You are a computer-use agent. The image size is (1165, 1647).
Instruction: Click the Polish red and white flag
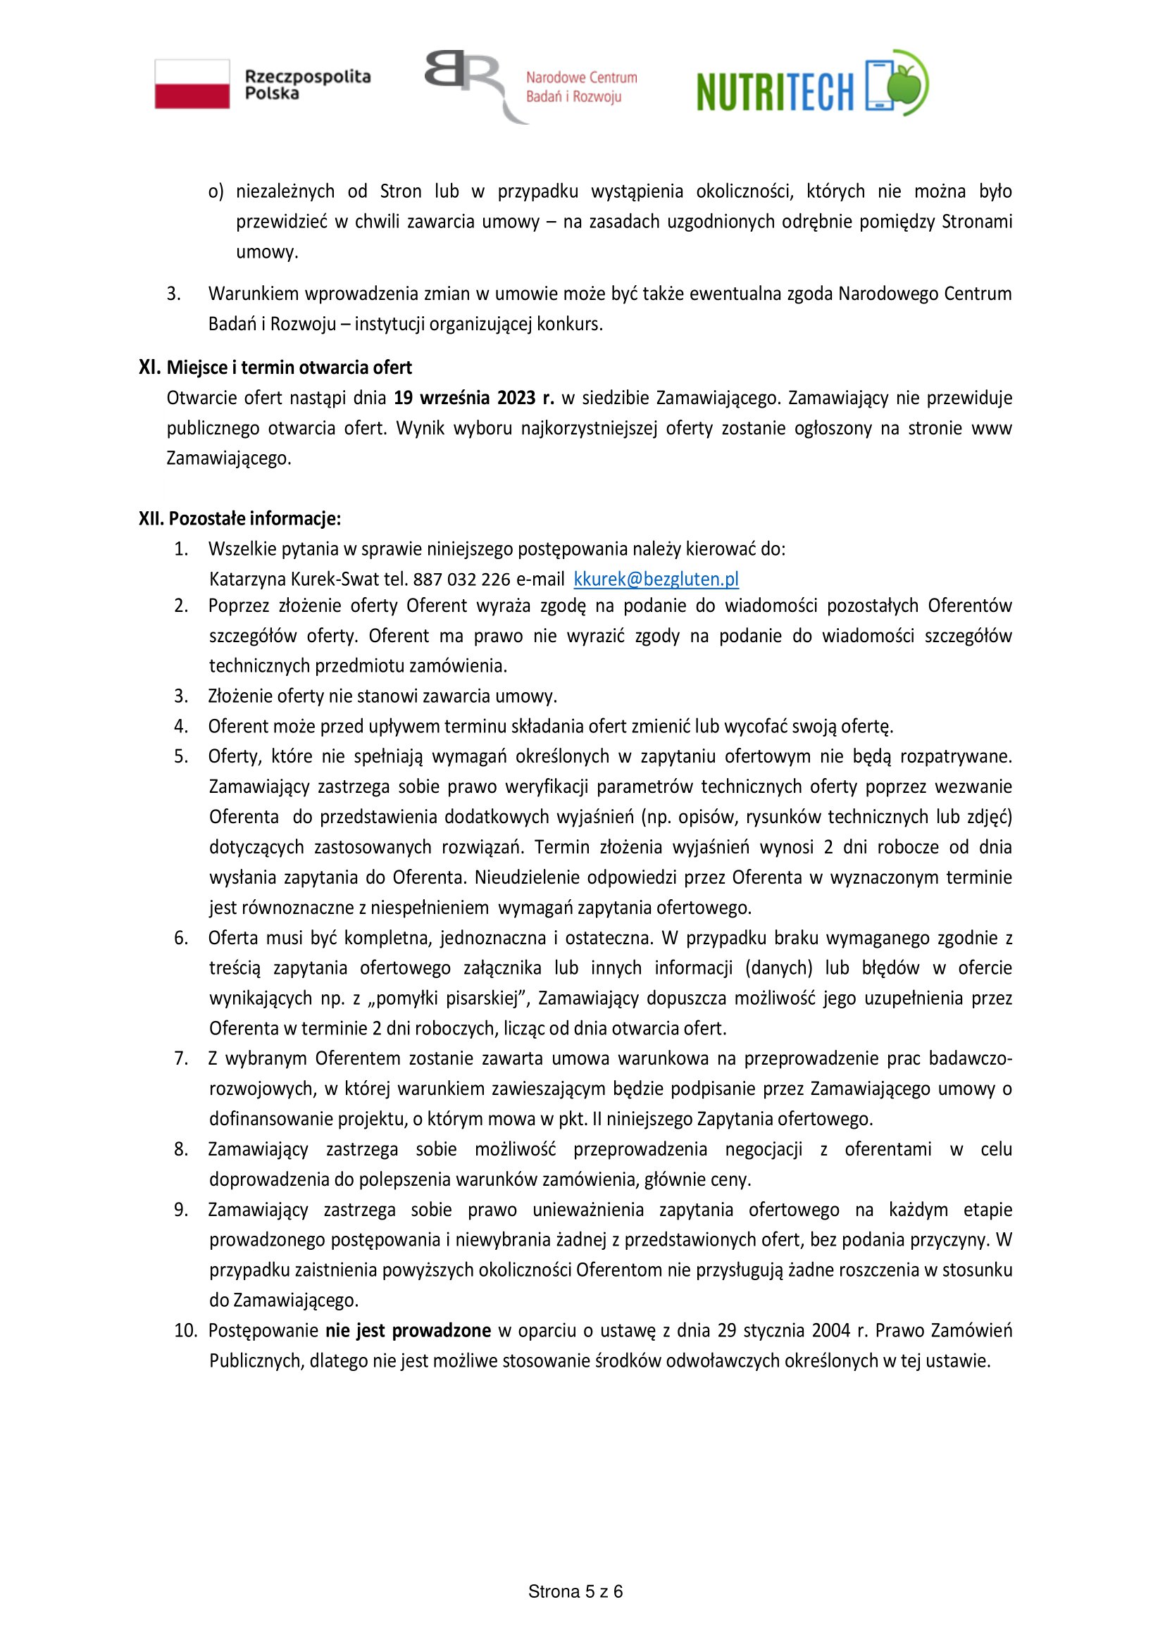point(192,84)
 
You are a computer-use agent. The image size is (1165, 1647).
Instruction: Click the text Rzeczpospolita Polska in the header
point(307,84)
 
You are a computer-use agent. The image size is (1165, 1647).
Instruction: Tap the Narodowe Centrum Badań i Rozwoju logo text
point(580,87)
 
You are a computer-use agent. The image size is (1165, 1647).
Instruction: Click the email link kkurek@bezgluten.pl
point(656,579)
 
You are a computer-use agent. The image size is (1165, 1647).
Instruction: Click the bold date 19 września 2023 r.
point(473,397)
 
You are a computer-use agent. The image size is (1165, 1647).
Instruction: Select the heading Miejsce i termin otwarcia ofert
point(289,368)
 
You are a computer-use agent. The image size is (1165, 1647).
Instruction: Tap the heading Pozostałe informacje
point(255,518)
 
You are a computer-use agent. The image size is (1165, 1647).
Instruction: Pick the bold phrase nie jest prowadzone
point(407,1331)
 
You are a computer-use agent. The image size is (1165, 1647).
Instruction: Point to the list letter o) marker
point(216,192)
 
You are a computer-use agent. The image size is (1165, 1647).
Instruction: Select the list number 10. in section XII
point(185,1331)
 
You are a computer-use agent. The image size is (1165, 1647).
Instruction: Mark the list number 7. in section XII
point(181,1058)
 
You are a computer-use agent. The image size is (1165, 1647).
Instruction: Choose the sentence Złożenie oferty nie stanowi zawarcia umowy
point(382,696)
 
